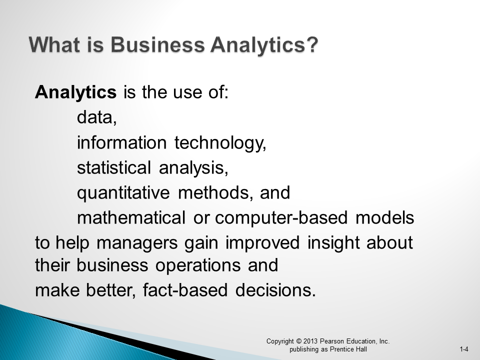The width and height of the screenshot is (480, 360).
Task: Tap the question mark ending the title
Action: pos(312,45)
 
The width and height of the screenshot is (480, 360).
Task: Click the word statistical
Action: pos(113,168)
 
